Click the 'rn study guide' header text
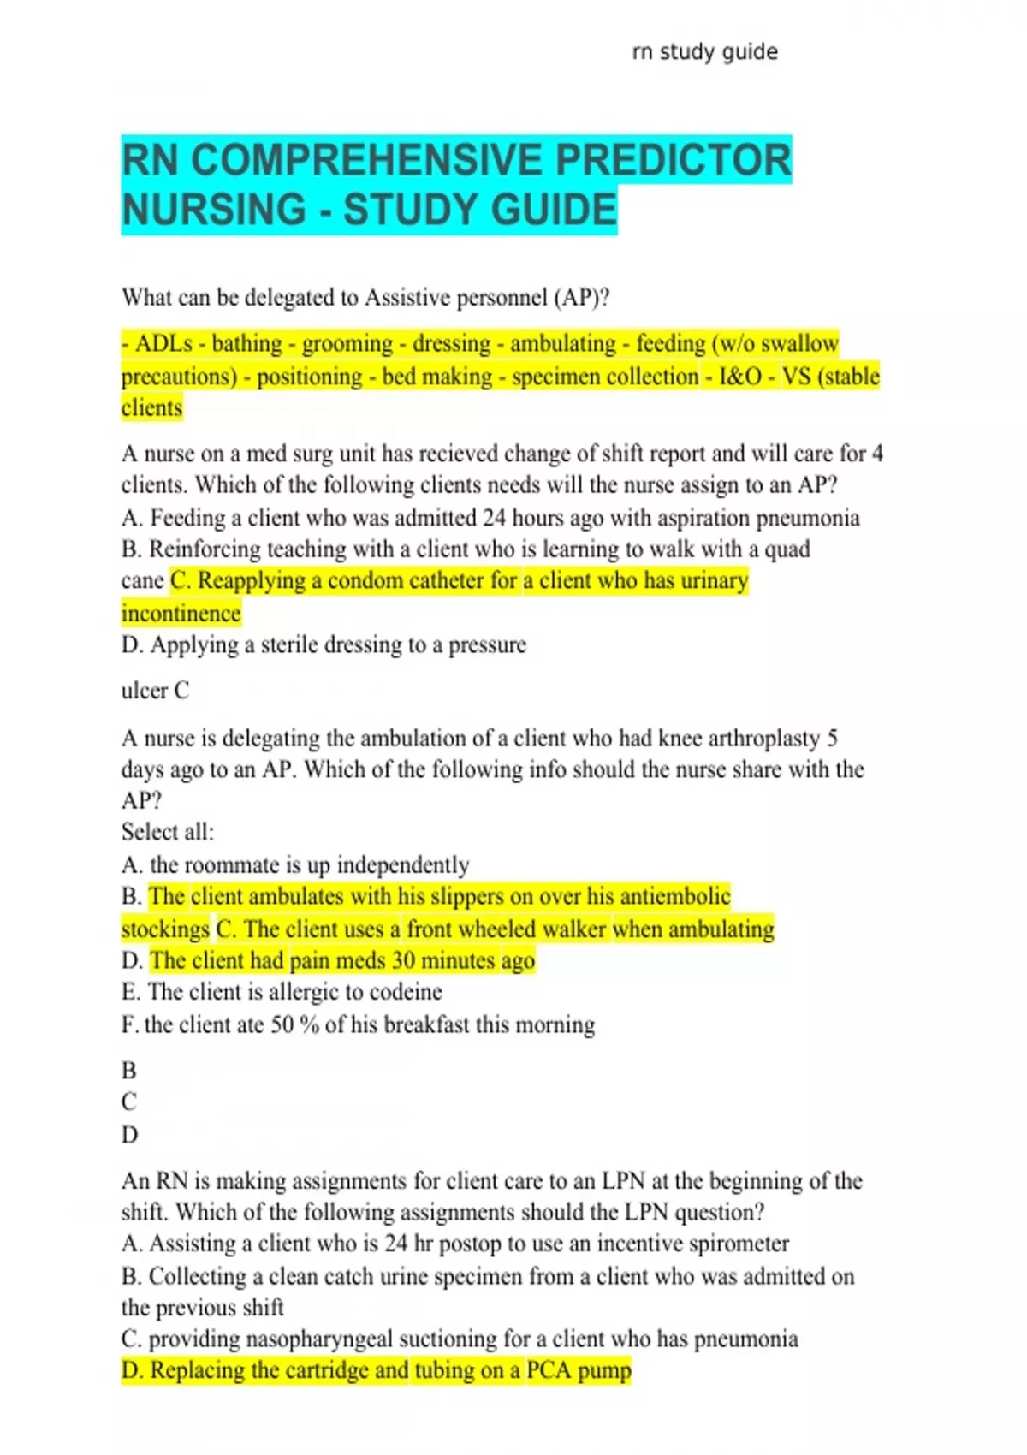coord(704,52)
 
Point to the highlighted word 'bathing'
coord(246,344)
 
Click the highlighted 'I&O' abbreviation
coord(740,377)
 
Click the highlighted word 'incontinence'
coord(181,614)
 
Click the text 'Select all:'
coord(168,832)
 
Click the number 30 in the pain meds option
coord(403,960)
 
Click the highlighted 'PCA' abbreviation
coord(548,1370)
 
